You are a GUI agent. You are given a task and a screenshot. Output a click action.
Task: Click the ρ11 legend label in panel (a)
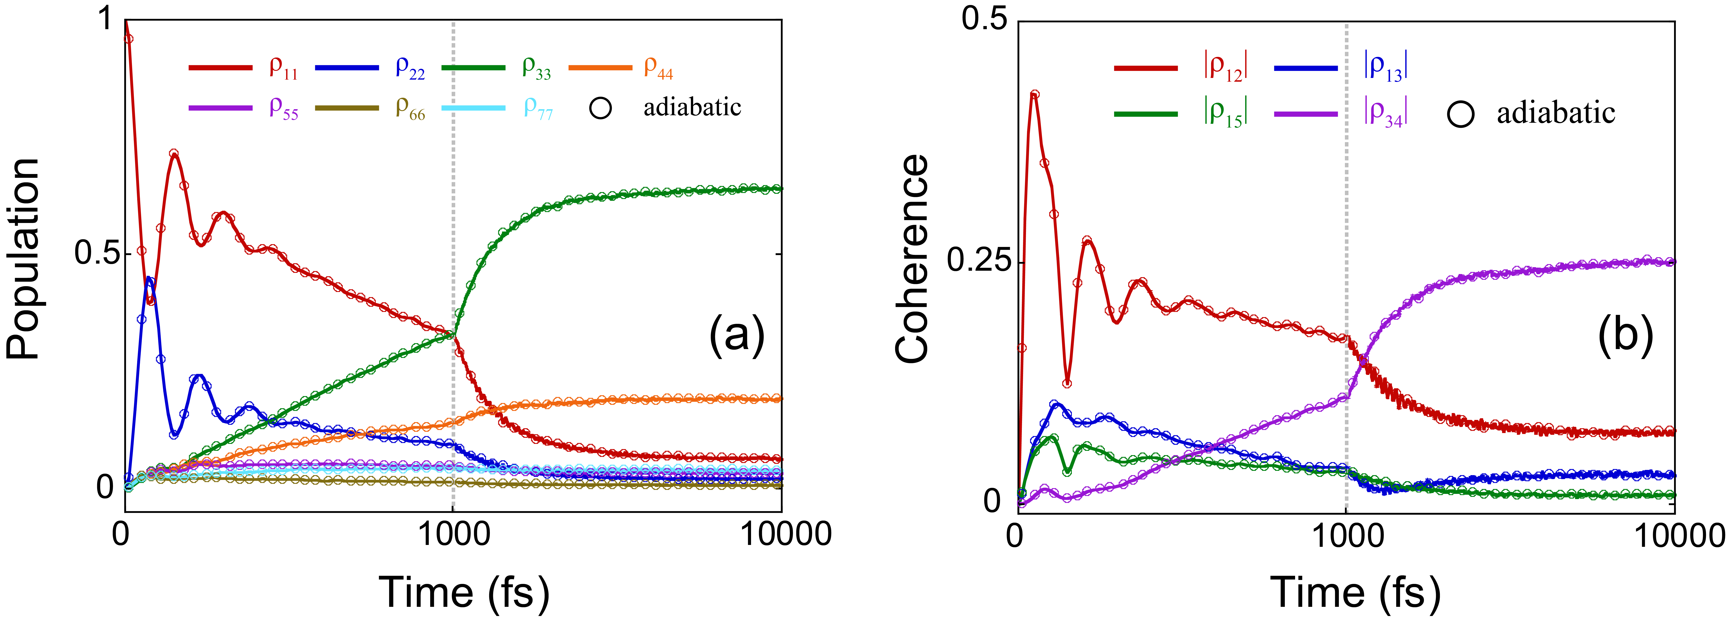pos(283,68)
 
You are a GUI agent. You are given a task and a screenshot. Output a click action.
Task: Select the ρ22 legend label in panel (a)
pos(410,68)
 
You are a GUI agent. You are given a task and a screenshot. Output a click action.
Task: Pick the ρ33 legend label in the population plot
pos(536,68)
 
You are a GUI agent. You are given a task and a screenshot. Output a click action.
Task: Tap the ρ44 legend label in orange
pos(658,68)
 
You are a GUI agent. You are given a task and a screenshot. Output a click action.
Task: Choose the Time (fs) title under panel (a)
pos(464,592)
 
